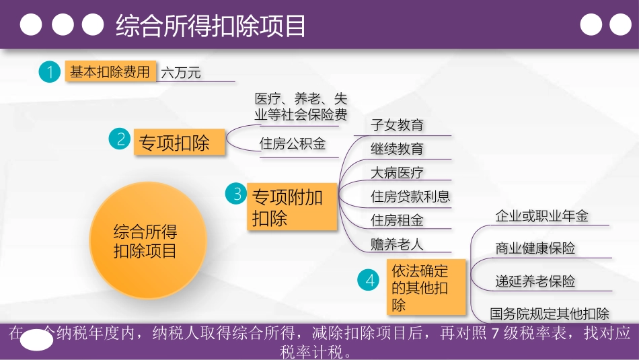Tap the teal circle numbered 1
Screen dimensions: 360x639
49,71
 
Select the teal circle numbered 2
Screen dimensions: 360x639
120,139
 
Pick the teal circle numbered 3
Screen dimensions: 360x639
236,194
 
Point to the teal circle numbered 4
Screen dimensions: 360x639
369,280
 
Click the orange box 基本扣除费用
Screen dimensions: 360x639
110,71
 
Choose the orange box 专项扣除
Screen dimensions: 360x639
179,142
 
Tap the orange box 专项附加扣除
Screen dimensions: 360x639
291,207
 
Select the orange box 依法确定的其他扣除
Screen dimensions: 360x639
426,287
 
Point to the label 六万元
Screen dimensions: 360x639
181,73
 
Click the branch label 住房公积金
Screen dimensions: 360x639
292,143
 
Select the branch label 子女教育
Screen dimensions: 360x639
397,124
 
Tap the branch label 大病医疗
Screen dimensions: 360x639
397,173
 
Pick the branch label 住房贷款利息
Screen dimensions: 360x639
410,196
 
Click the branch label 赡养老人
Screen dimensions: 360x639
397,244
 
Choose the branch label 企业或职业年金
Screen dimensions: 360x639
541,216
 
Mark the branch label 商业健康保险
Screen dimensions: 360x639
535,248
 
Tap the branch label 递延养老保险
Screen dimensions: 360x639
535,281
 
